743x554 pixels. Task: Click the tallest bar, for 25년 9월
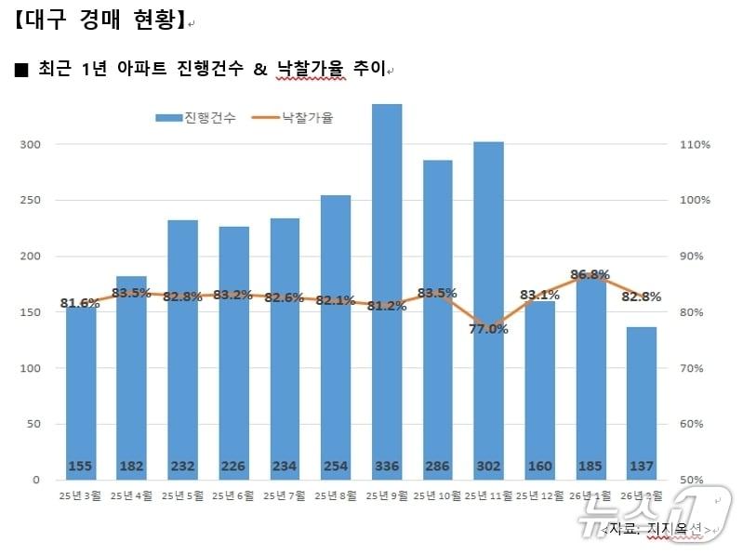pos(387,279)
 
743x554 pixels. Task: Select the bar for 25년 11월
pos(488,297)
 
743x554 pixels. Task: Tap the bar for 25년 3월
pos(81,390)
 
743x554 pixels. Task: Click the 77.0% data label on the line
pos(488,328)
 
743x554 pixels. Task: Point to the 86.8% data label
pos(590,274)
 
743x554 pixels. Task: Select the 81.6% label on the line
pos(80,303)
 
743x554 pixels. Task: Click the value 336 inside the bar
pos(387,466)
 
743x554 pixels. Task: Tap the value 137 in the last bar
pos(641,466)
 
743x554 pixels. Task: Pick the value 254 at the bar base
pos(336,466)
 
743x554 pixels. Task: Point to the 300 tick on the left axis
pos(31,145)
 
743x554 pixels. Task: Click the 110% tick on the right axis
pos(696,145)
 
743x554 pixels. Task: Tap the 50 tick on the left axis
pos(33,424)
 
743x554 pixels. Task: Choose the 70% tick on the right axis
pos(696,368)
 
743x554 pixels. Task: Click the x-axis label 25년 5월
pos(182,496)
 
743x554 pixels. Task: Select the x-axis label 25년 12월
pos(538,496)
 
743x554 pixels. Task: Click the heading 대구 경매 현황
pos(101,20)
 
